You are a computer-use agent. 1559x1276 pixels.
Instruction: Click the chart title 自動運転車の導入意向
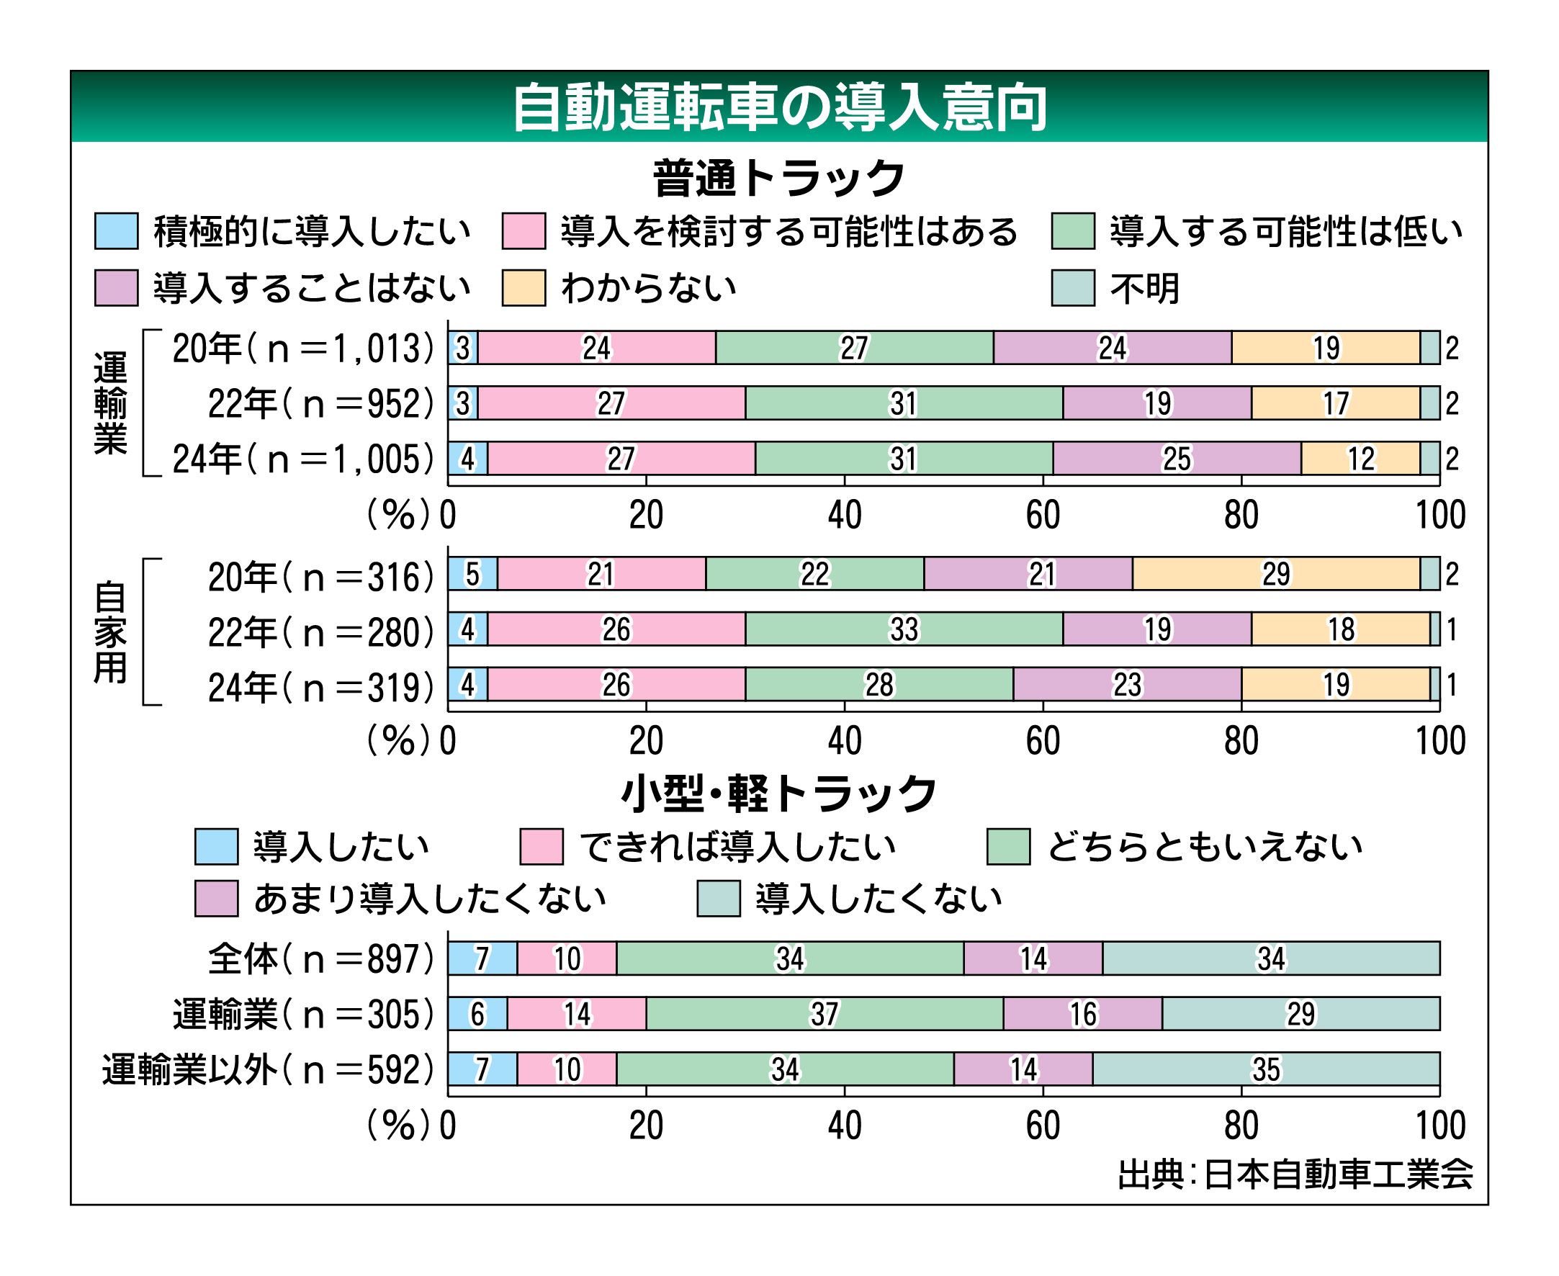(x=779, y=108)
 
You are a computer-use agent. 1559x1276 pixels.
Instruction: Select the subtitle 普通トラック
(x=779, y=178)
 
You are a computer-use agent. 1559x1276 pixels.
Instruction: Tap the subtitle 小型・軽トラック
(x=779, y=794)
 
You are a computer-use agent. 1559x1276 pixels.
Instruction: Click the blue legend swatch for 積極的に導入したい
(x=116, y=231)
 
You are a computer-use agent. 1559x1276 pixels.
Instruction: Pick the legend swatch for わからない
(x=524, y=287)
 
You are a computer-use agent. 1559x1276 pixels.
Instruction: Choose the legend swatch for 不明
(x=1072, y=287)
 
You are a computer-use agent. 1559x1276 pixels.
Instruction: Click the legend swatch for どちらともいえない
(x=1007, y=846)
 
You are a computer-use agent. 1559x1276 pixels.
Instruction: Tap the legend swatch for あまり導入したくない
(x=216, y=898)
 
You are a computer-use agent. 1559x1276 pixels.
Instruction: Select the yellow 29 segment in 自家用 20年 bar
(x=1276, y=574)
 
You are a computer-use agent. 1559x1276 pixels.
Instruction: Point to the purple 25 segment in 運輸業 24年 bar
(x=1176, y=459)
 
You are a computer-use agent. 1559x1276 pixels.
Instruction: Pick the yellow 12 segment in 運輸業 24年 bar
(x=1360, y=459)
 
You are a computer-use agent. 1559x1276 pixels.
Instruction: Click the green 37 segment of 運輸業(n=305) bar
(x=824, y=1015)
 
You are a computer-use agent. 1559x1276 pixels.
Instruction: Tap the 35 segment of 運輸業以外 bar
(x=1266, y=1069)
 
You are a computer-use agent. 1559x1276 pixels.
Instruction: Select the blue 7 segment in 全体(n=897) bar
(x=482, y=958)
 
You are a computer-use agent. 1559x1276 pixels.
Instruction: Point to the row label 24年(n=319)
(x=321, y=687)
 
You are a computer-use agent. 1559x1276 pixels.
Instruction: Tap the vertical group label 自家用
(x=110, y=632)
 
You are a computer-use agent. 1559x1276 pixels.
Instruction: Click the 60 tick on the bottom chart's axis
(x=1043, y=1126)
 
